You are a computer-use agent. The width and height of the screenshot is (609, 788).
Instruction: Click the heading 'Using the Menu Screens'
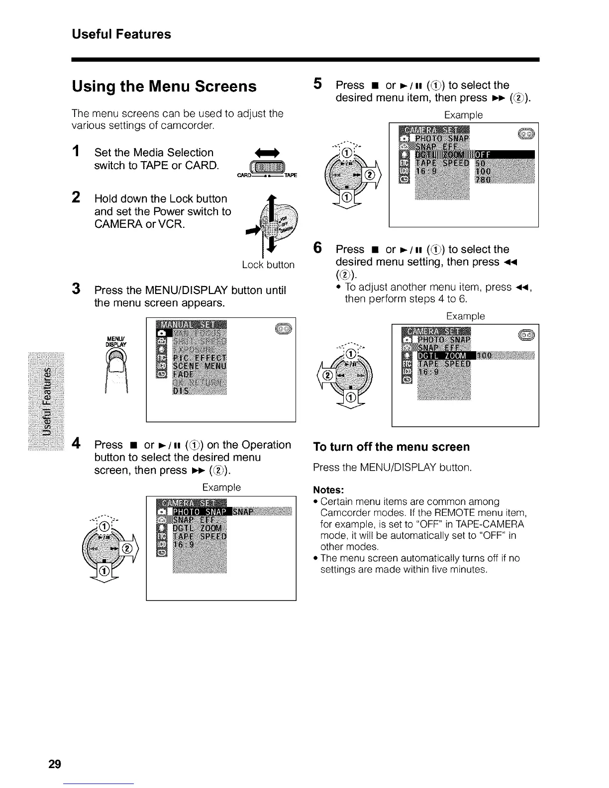pyautogui.click(x=164, y=86)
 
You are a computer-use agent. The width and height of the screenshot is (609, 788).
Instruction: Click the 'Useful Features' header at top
pyautogui.click(x=121, y=34)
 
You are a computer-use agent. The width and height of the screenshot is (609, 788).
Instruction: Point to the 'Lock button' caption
pyautogui.click(x=268, y=265)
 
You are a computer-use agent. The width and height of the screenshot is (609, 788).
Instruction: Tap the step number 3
pyautogui.click(x=76, y=289)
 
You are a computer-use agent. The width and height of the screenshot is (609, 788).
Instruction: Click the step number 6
pyautogui.click(x=317, y=248)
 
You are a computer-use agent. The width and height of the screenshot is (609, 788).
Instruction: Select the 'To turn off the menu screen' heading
pyautogui.click(x=391, y=447)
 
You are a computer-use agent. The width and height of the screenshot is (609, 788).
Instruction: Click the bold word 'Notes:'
pyautogui.click(x=328, y=490)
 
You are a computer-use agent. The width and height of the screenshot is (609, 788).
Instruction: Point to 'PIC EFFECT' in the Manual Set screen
pyautogui.click(x=199, y=358)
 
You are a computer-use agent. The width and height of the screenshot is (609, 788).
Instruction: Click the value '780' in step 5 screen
pyautogui.click(x=483, y=179)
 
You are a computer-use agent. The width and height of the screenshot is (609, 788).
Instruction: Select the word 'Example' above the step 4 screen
pyautogui.click(x=221, y=488)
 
